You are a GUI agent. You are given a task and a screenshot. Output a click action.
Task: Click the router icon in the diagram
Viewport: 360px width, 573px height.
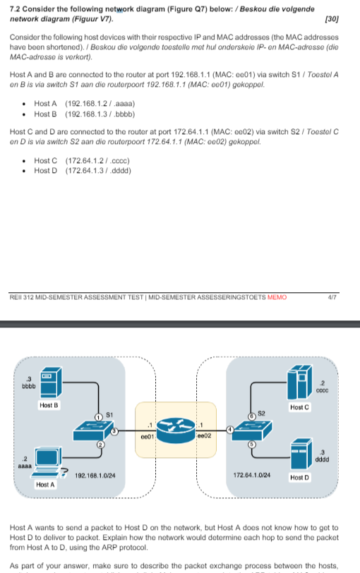pyautogui.click(x=176, y=426)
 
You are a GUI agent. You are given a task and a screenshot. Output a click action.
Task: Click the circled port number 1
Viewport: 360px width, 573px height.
pyautogui.click(x=99, y=416)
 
